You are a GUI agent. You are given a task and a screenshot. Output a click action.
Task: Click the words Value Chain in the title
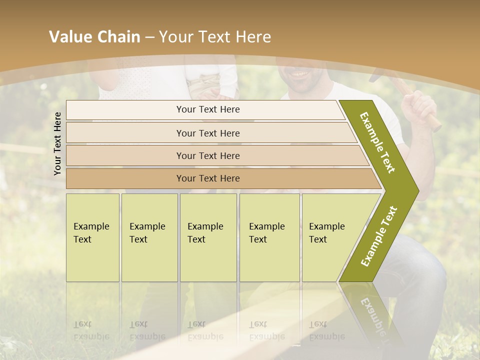94,37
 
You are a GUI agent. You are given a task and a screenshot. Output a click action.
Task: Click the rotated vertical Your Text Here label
57,143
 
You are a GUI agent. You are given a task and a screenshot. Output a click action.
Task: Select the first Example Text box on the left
92,237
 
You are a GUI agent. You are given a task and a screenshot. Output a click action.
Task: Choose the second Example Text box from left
149,237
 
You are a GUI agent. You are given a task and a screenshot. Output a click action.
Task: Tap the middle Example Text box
208,237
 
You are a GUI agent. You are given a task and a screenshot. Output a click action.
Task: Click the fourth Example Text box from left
269,237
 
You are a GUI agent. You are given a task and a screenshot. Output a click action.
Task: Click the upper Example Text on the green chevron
378,142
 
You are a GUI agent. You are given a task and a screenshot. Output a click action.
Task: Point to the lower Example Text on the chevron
379,236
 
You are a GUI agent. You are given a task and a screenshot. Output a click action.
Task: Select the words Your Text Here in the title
215,37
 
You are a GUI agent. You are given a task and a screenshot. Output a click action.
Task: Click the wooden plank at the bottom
280,325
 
